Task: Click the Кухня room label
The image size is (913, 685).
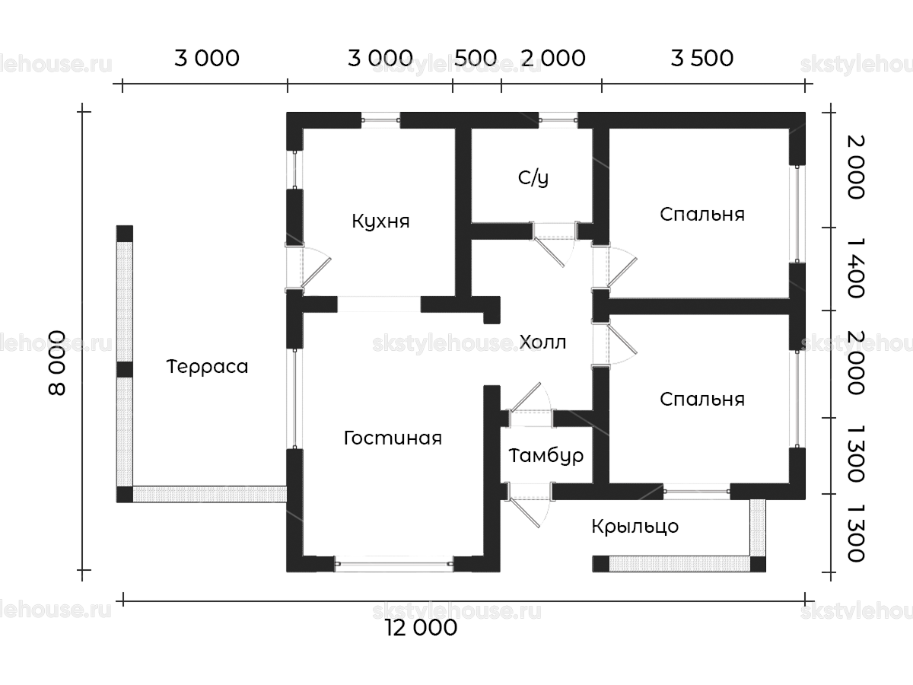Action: (x=380, y=221)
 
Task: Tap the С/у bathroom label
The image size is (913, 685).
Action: (x=533, y=178)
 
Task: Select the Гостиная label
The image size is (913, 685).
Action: (x=393, y=438)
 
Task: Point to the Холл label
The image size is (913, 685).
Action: (x=542, y=342)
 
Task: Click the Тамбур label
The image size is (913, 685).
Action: (x=546, y=456)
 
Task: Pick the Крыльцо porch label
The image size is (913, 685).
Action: (x=635, y=527)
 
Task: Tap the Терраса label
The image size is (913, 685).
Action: (x=207, y=367)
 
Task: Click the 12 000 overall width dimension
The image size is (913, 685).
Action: (x=422, y=628)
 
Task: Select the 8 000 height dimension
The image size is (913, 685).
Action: (x=57, y=363)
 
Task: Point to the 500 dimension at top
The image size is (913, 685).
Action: (x=476, y=59)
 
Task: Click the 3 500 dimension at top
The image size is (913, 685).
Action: (x=701, y=59)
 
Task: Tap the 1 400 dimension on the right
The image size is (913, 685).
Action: (x=856, y=268)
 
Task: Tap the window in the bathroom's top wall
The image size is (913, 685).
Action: (x=558, y=120)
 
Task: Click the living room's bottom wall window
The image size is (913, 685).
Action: (x=393, y=564)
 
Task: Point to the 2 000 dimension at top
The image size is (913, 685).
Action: (x=553, y=59)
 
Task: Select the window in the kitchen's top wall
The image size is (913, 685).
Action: (x=380, y=120)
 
